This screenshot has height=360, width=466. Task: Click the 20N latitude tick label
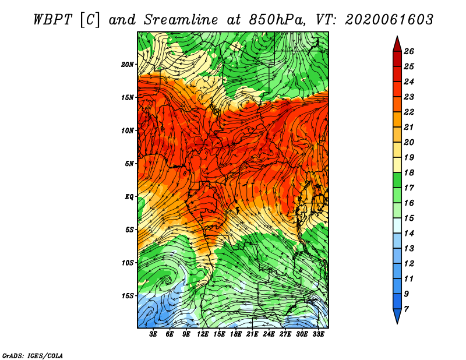click(128, 64)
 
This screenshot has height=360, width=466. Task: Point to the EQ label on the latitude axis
click(129, 197)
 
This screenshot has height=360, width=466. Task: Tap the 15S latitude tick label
click(128, 296)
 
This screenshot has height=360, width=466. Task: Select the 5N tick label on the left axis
click(129, 164)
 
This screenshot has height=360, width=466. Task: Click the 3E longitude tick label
click(153, 334)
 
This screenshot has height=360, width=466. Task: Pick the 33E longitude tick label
click(318, 334)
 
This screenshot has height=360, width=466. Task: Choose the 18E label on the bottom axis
click(236, 334)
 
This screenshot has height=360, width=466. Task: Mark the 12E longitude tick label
click(203, 334)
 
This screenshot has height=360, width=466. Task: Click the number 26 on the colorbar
click(409, 51)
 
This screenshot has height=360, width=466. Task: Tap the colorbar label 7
click(406, 309)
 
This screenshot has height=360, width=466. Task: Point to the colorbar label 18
click(409, 172)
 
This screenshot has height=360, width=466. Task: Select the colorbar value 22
click(409, 112)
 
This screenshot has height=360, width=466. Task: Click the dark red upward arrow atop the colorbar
click(397, 44)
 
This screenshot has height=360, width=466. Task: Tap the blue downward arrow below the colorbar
click(397, 316)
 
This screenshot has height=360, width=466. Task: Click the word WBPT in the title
click(52, 20)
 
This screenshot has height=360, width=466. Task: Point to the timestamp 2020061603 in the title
click(389, 20)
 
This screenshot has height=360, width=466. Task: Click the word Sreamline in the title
click(181, 20)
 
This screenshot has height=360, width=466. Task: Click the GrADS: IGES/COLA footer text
click(33, 356)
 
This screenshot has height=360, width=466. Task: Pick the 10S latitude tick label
click(128, 263)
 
